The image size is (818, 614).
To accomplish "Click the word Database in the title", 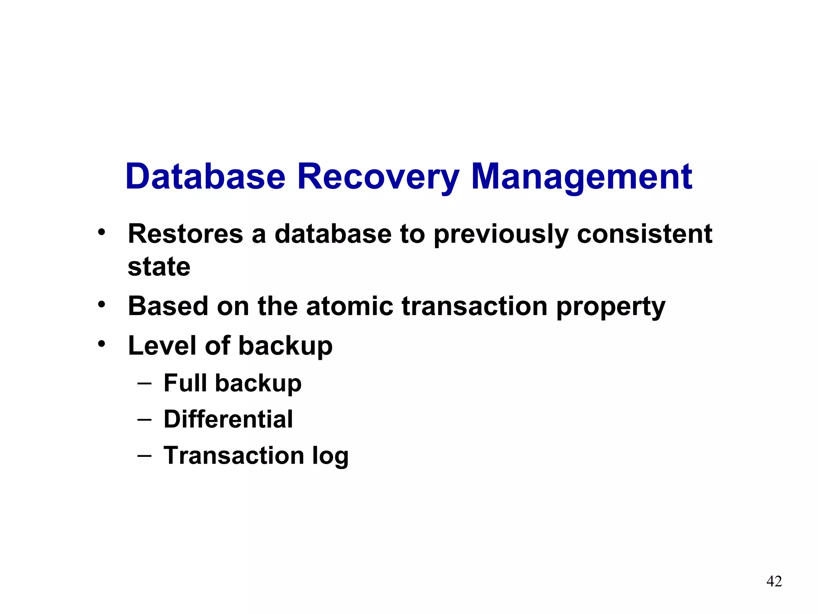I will [x=206, y=177].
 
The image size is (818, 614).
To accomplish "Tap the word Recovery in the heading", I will [x=378, y=177].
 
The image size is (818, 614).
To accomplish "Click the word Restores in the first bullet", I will [x=185, y=234].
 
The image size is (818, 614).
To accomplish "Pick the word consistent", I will [x=644, y=234].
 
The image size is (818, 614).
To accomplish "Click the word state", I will [x=159, y=267].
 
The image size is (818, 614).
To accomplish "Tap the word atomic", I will [x=349, y=306].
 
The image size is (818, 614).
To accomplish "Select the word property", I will [x=611, y=307].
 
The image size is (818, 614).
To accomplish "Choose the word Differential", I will [x=228, y=419].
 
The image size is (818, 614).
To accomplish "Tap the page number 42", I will [x=774, y=581].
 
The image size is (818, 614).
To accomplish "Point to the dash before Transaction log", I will [x=144, y=456].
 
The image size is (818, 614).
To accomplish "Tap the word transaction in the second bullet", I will [x=474, y=306].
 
